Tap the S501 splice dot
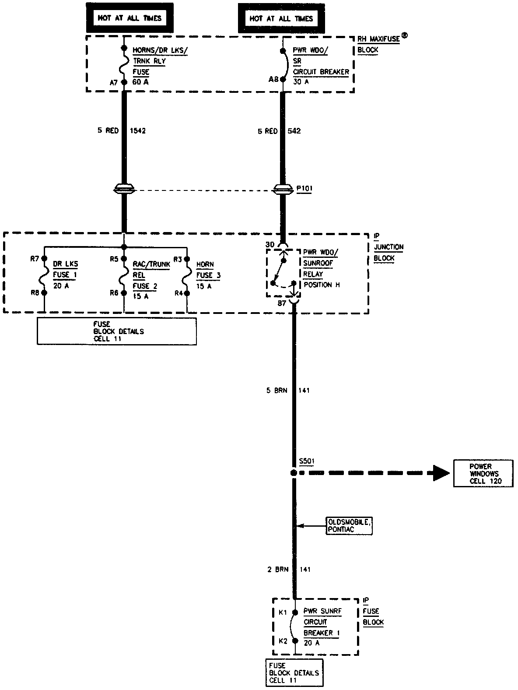pos(294,473)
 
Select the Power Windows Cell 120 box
pos(483,473)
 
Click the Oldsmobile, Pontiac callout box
pos(350,526)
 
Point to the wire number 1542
pos(138,130)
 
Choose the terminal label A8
pos(273,79)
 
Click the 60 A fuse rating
pos(140,82)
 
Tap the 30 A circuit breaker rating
pos(301,82)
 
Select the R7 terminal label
pos(35,258)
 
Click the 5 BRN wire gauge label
pos(276,390)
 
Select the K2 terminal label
pos(283,641)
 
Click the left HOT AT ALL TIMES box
pos(129,18)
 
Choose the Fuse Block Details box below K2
pos(294,673)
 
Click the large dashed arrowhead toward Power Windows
pos(441,473)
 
